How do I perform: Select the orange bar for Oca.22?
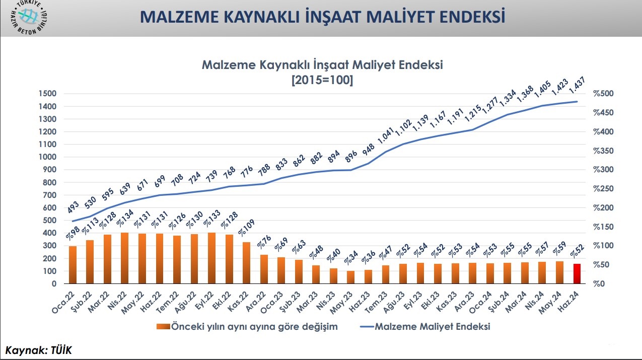pos(73,265)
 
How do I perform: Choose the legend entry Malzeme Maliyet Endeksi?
pos(425,326)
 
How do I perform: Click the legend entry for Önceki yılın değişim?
pos(247,326)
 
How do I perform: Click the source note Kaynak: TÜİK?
pos(39,350)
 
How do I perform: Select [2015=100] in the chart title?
pos(322,80)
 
